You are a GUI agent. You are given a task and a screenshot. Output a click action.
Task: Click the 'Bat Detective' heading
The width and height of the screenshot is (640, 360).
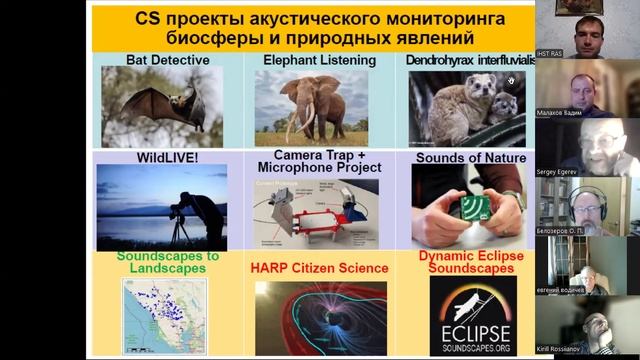tap(168, 60)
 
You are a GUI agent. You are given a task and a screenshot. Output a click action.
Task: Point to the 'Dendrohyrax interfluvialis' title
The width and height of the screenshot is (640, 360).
tap(470, 60)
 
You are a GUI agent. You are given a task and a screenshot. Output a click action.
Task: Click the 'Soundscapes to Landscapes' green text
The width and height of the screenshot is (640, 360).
tap(168, 262)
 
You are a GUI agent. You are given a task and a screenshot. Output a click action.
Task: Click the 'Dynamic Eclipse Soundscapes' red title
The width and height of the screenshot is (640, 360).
tap(470, 262)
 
